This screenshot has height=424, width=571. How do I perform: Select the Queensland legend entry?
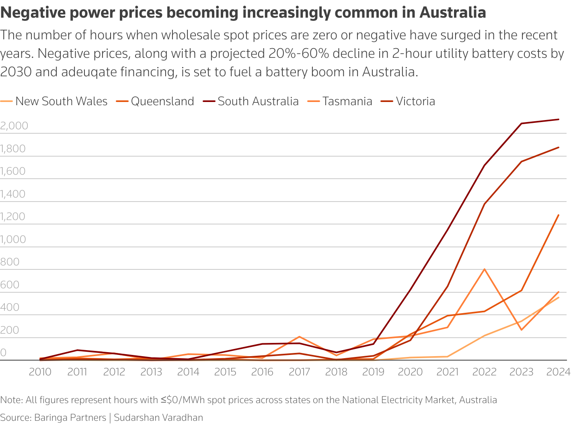click(x=162, y=101)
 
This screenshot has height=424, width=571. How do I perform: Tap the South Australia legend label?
click(x=258, y=101)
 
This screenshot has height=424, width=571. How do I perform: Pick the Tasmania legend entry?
click(x=347, y=101)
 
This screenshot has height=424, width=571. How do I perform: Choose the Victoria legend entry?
click(x=415, y=101)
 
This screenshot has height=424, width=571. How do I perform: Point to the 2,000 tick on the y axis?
click(x=14, y=126)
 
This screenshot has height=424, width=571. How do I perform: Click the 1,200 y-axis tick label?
click(x=13, y=216)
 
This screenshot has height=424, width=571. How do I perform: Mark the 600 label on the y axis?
click(x=10, y=285)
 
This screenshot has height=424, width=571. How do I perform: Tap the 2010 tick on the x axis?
click(x=40, y=372)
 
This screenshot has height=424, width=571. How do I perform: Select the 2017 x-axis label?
click(x=299, y=372)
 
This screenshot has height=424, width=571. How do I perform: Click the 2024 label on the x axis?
click(x=558, y=372)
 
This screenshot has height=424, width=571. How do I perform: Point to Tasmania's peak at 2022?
click(x=485, y=269)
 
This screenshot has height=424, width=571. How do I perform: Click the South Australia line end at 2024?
click(x=559, y=119)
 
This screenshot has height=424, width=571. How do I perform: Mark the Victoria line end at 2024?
click(x=559, y=147)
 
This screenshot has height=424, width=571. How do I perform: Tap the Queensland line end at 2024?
click(x=559, y=215)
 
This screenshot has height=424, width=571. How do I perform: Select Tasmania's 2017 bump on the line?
click(x=299, y=336)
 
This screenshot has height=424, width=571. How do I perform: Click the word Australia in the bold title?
click(x=452, y=13)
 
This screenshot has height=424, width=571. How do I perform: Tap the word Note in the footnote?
click(x=11, y=400)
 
